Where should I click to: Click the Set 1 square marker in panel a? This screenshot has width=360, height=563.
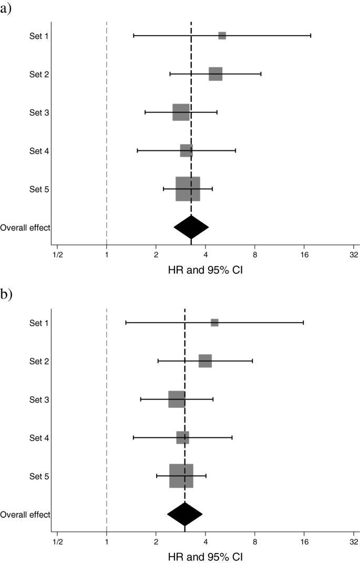[222, 36]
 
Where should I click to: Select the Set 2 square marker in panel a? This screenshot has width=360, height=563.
[215, 74]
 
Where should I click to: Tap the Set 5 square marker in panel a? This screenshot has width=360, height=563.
[188, 189]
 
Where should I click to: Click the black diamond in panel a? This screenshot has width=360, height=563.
[191, 227]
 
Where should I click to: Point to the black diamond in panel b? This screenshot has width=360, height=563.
[184, 514]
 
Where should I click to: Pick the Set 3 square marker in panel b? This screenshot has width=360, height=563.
[177, 400]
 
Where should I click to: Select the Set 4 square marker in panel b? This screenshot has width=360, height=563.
[182, 438]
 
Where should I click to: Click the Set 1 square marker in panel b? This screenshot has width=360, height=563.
[214, 323]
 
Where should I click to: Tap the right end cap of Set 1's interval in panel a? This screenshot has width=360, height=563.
[311, 36]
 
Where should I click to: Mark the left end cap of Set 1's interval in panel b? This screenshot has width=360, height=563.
[126, 323]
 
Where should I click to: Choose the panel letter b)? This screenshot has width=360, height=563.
[7, 295]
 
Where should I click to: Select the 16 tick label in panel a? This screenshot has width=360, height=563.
[304, 255]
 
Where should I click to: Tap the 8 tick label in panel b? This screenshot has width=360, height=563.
[255, 542]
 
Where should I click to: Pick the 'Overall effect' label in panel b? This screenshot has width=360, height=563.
[25, 515]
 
